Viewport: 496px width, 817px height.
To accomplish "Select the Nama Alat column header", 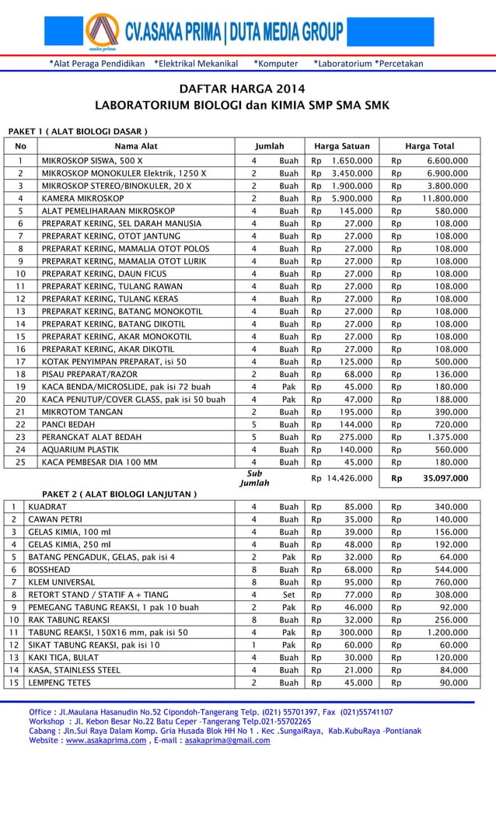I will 136,145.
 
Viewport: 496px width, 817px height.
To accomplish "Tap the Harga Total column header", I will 429,145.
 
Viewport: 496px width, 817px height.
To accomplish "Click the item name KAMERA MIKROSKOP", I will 82,198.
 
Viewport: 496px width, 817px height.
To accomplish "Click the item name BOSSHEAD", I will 49,569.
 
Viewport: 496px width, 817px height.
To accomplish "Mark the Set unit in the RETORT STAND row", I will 288,595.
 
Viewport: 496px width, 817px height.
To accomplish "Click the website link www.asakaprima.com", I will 105,741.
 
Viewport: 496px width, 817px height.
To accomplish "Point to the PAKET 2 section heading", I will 119,494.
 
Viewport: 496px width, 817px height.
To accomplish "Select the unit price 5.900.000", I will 351,198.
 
